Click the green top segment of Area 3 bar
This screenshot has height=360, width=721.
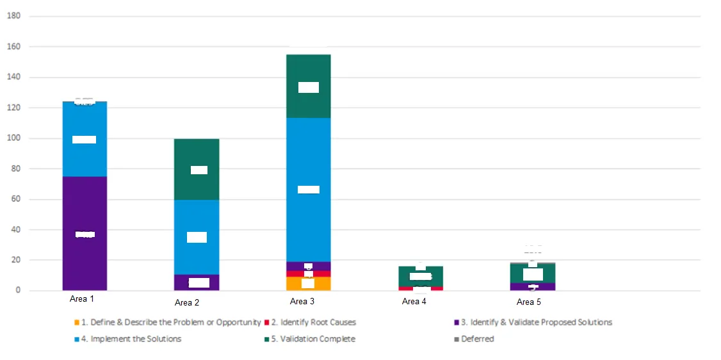coord(309,102)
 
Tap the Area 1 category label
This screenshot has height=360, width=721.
coord(82,299)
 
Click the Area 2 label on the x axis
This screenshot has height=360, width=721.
coord(187,303)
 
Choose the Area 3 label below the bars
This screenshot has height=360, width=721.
coord(302,301)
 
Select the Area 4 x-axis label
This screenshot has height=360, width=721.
coord(414,302)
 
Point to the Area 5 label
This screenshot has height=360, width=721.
coord(529,302)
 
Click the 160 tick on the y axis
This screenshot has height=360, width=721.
coord(14,47)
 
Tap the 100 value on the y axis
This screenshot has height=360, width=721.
coord(14,138)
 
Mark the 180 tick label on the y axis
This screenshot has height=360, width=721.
coord(14,16)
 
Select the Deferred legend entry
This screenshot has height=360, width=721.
coord(477,339)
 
